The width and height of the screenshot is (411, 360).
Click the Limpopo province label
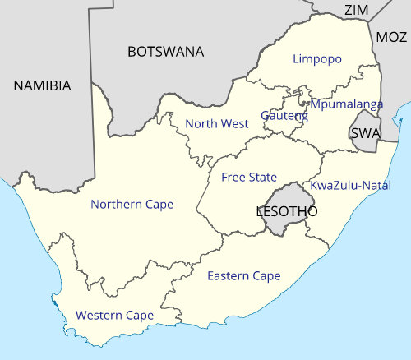[317, 59]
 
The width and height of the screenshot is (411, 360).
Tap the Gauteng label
[284, 116]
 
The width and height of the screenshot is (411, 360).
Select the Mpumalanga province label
[346, 104]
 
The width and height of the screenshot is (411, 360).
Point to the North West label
[217, 124]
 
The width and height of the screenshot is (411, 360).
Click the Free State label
[249, 177]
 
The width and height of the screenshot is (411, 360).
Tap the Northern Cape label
[132, 204]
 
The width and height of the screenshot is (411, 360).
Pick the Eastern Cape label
[243, 275]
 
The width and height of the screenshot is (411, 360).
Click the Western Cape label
[114, 315]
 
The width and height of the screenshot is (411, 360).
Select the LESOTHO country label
[287, 211]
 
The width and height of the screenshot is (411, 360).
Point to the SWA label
[365, 133]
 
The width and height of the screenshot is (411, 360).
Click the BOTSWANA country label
[165, 52]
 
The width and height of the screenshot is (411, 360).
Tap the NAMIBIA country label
[42, 85]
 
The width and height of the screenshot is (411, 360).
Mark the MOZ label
[391, 37]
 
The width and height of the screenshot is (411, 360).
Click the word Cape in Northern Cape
[158, 204]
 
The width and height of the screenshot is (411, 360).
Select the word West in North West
[234, 124]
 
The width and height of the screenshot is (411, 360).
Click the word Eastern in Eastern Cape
[228, 275]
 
